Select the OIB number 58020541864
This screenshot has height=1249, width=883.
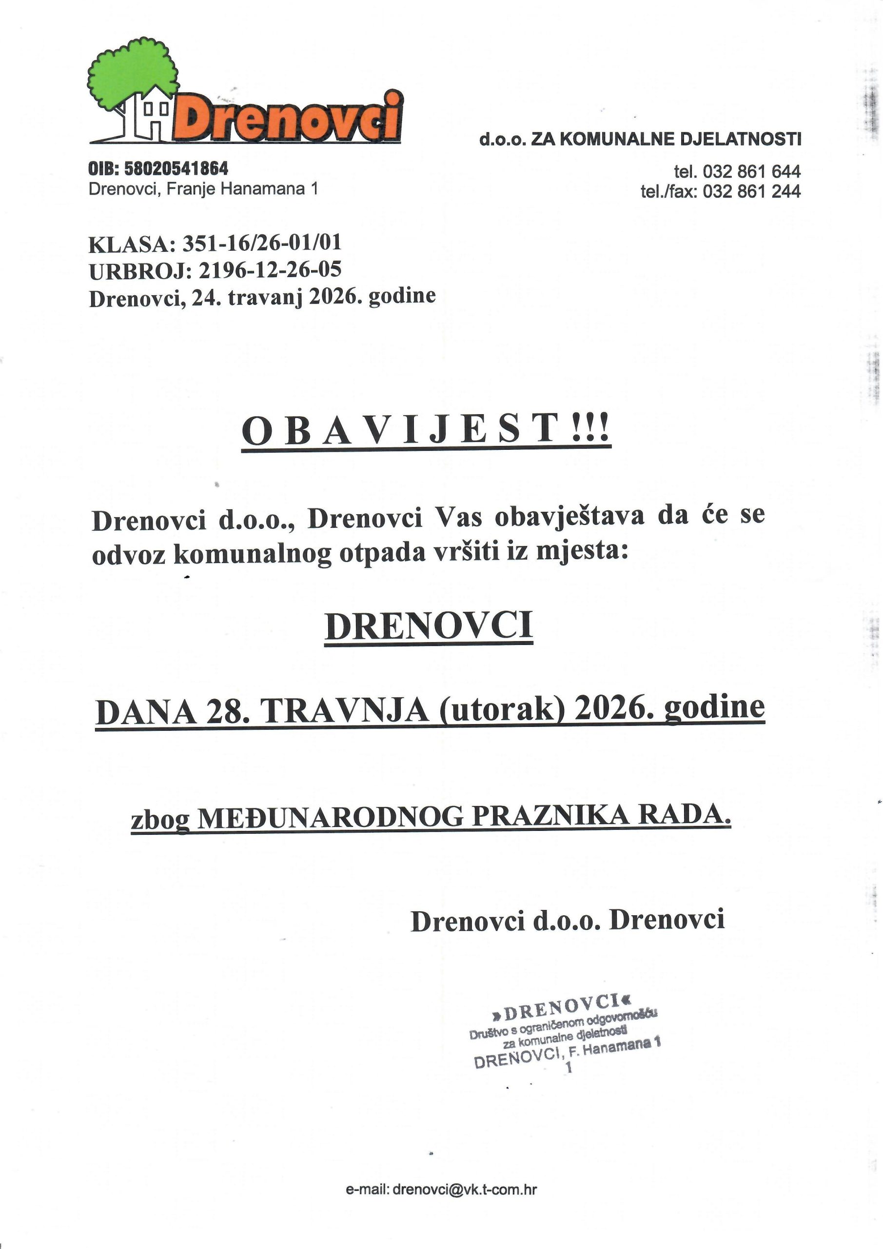point(176,169)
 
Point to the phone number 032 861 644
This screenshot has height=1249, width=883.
point(751,172)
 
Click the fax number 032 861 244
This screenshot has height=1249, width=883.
point(751,191)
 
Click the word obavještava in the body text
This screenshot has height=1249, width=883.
point(569,517)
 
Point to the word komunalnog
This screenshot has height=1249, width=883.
point(252,553)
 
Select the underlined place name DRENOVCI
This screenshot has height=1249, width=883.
point(429,626)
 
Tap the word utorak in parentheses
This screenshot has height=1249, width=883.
point(504,710)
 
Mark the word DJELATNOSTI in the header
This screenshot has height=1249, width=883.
point(741,139)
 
